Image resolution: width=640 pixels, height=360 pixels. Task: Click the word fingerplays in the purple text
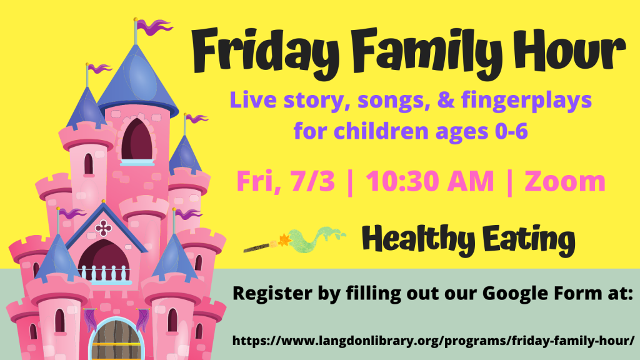pos(526,101)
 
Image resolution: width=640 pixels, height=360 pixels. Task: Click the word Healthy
pos(418,240)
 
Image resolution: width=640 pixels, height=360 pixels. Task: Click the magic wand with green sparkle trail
pos(295,241)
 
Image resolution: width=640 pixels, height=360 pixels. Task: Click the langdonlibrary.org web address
pos(434,341)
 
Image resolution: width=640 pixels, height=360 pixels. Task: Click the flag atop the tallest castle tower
pos(154,27)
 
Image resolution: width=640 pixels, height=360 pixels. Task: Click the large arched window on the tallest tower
pos(137,141)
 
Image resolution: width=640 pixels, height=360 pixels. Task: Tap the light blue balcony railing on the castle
pos(106,274)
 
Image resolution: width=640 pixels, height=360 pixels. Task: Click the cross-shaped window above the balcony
pos(103,228)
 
